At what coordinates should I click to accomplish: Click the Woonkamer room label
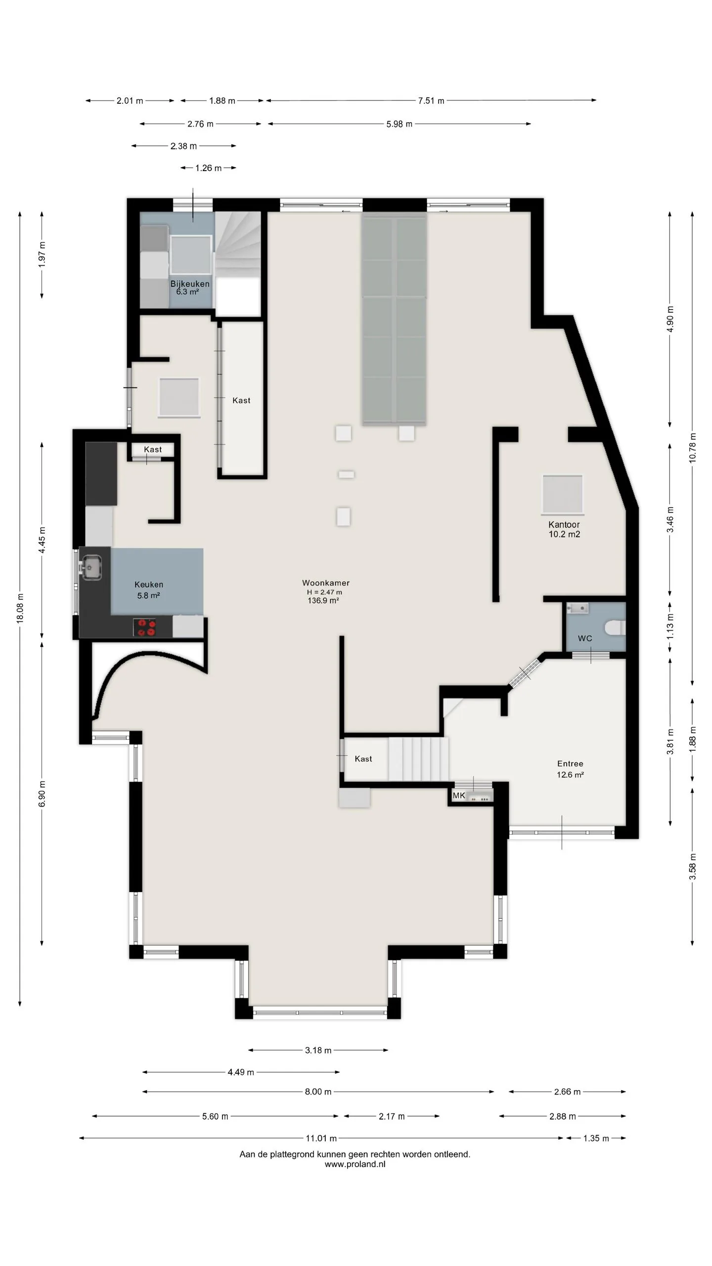coord(326,583)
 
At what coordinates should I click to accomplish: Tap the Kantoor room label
coord(564,525)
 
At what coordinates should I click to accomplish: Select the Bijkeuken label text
coord(190,284)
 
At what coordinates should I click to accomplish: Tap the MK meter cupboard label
coord(459,796)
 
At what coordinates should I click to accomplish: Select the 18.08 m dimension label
coord(20,608)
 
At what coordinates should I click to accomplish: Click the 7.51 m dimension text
coord(431,101)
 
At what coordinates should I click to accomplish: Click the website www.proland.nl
coord(355,1164)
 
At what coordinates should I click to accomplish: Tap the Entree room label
coord(570,764)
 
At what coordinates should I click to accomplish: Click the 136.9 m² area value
coord(323,601)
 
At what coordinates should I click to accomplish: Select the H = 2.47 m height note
coord(324,592)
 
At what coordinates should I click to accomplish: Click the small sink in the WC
coord(578,608)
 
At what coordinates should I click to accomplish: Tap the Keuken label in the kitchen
coord(149,585)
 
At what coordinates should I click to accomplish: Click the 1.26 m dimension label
coord(208,168)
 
